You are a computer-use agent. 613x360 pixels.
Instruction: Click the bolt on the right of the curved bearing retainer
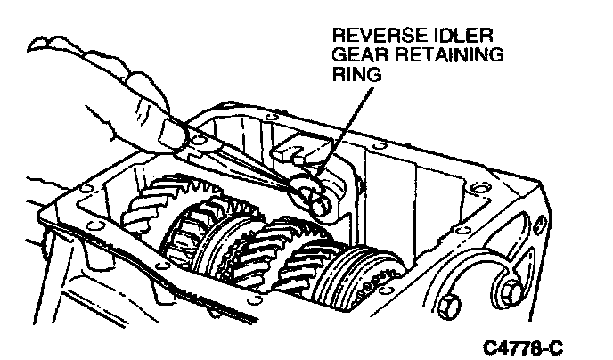click(x=511, y=291)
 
